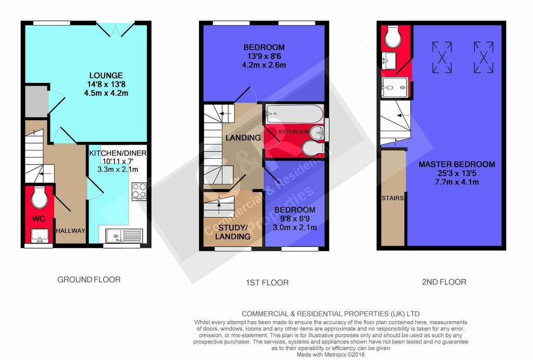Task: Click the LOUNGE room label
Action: tap(106, 76)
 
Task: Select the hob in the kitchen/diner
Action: tap(139, 191)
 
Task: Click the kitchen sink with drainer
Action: tap(124, 235)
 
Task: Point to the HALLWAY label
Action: tap(70, 231)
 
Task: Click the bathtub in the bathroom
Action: tap(295, 114)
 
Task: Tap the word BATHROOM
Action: tap(294, 131)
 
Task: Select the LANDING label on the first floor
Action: tap(243, 138)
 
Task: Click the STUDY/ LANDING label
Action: tap(233, 232)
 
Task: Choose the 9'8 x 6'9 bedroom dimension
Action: tap(295, 219)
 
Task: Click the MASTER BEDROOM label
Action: tap(456, 164)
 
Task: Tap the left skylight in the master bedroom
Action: tap(442, 57)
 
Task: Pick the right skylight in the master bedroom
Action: tap(484, 57)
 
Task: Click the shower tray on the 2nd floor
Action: tap(395, 88)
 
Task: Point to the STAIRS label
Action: tap(392, 198)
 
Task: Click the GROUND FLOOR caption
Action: tap(89, 280)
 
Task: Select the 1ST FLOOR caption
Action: tap(267, 282)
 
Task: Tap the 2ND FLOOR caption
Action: tap(445, 282)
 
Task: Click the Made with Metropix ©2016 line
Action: tap(331, 355)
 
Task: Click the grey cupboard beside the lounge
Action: tap(36, 102)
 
